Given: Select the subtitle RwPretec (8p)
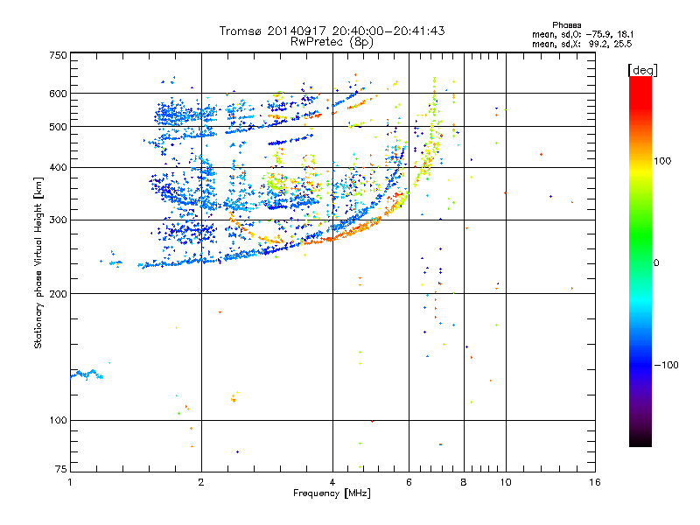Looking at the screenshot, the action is point(332,42).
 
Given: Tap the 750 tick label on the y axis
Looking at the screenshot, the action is point(59,55).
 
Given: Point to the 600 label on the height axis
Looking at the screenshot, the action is point(59,94).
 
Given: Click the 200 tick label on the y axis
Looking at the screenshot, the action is point(59,294).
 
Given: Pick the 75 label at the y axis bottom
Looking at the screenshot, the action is point(61,469).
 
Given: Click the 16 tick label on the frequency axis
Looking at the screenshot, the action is point(595,482).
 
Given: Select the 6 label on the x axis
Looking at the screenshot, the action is point(409,482).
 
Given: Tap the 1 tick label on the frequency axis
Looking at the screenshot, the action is point(70,482).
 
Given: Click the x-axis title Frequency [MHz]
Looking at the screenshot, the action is point(332,493).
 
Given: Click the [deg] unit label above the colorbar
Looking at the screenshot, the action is point(642,70).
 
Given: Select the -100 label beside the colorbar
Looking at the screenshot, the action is point(667,365).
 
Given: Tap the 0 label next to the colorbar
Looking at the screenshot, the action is point(656,263).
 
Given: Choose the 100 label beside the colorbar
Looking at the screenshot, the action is point(662,161).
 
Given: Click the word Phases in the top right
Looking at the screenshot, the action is point(566,25).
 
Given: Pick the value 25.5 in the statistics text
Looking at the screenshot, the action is point(623,44).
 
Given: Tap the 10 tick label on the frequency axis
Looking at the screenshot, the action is point(506,482).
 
